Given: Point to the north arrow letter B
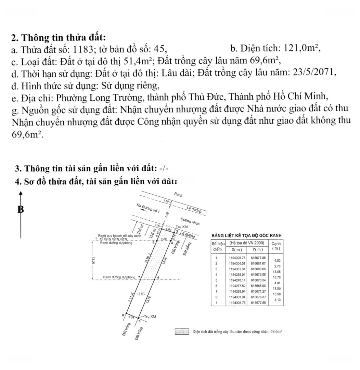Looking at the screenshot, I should [x=21, y=209].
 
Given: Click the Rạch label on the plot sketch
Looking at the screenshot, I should [x=178, y=195].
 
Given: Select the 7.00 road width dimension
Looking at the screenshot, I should [x=167, y=215].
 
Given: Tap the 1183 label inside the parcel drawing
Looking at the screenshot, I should [x=141, y=294].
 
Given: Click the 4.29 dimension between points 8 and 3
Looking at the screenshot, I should [x=164, y=239].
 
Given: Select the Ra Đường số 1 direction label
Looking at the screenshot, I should [x=148, y=209].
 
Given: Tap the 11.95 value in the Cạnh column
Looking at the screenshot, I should [x=275, y=288].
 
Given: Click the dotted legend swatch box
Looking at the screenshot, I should [x=182, y=332].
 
